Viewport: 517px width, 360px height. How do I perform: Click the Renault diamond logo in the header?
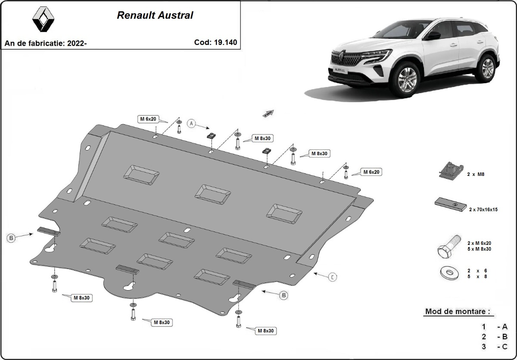pyautogui.click(x=44, y=20)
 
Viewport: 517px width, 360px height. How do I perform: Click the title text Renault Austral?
pyautogui.click(x=155, y=16)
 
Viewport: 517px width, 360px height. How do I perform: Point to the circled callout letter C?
pyautogui.click(x=333, y=277)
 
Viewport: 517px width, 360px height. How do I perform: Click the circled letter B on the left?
pyautogui.click(x=12, y=238)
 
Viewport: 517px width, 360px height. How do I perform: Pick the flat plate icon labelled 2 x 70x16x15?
pyautogui.click(x=451, y=204)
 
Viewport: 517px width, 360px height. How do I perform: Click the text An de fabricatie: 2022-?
pyautogui.click(x=46, y=43)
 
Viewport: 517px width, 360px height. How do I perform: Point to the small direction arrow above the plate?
pyautogui.click(x=269, y=113)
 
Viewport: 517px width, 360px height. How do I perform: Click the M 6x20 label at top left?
pyautogui.click(x=148, y=119)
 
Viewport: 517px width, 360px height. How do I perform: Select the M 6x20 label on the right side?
pyautogui.click(x=371, y=172)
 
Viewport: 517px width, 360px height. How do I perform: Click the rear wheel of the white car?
pyautogui.click(x=487, y=68)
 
